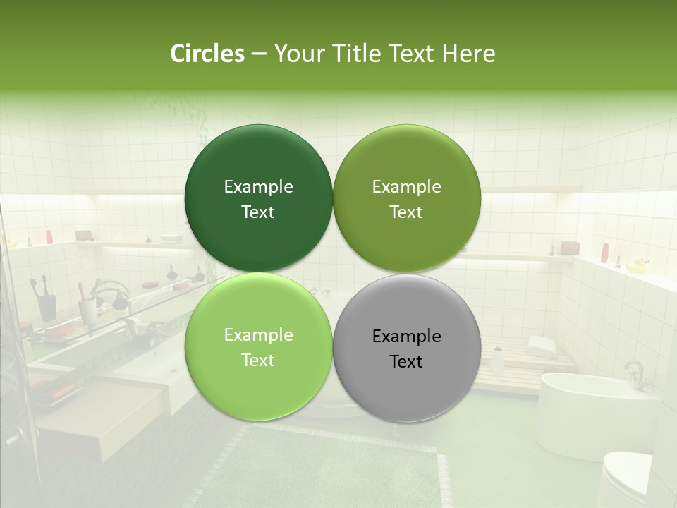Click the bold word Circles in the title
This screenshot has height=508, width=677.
pos(207,54)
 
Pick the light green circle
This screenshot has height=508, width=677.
pos(258,347)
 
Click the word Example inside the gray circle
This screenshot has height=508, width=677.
pos(407,337)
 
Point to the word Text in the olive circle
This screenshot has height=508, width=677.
pos(406,212)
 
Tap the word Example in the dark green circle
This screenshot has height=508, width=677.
pos(258,187)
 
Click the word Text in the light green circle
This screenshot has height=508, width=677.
pos(258,361)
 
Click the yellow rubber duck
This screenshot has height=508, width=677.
pos(637,265)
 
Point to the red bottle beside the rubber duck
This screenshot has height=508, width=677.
pos(605,252)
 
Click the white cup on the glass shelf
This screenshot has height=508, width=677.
pos(87,310)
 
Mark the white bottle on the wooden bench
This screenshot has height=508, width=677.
pos(498,360)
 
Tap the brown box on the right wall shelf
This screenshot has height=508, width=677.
pos(570,248)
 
